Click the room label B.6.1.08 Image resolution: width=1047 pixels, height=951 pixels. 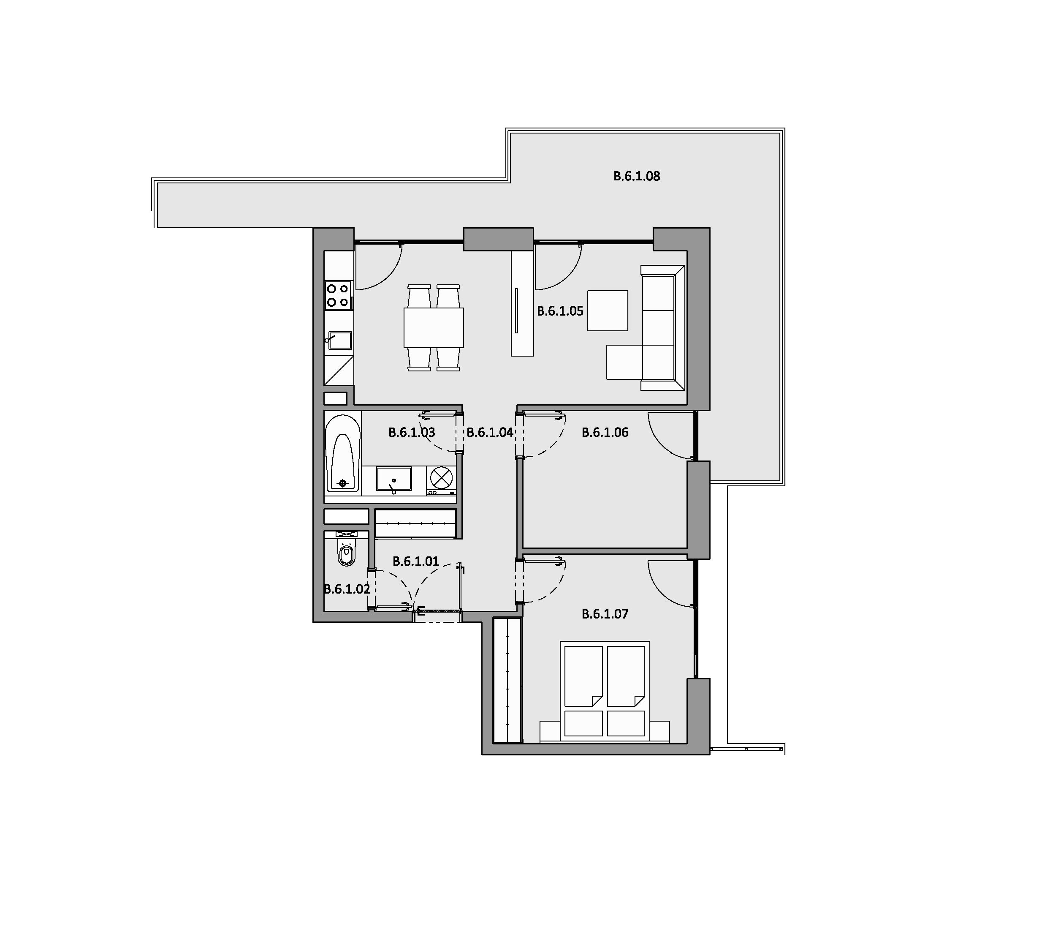tap(636, 176)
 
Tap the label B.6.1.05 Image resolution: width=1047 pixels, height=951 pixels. tap(560, 311)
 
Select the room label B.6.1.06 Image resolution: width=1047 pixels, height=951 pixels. tap(605, 432)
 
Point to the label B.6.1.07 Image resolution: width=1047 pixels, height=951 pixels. tap(605, 614)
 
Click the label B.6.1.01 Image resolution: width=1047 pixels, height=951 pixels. tap(415, 561)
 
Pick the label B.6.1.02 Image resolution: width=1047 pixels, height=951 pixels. tap(347, 589)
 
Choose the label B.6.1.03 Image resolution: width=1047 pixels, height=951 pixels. tap(412, 432)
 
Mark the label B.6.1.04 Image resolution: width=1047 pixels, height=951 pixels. tap(490, 432)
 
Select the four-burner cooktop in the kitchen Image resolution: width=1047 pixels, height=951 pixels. tap(338, 294)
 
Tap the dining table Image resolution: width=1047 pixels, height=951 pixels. tap(434, 328)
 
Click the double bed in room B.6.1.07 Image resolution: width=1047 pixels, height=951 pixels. tap(605, 691)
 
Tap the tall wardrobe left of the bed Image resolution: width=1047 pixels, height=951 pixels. tap(507, 680)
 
